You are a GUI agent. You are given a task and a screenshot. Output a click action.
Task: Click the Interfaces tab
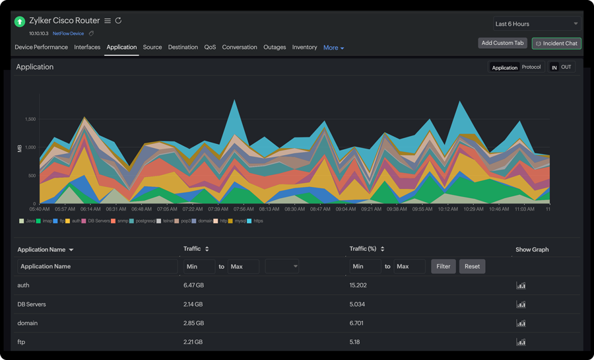click(87, 48)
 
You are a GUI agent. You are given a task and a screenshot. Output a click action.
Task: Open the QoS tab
click(210, 48)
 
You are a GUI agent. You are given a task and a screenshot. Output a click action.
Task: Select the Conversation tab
click(240, 48)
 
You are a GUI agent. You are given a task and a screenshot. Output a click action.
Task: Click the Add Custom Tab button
click(502, 43)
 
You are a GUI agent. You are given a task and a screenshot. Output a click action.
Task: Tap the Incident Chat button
click(556, 44)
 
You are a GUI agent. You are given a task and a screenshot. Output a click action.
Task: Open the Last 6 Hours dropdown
click(537, 24)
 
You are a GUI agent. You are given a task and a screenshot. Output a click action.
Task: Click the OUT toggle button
click(566, 67)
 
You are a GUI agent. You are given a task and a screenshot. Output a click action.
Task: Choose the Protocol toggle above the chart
click(531, 67)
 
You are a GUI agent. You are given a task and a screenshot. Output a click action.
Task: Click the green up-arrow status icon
click(20, 22)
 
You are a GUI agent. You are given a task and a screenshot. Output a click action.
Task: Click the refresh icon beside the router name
click(119, 20)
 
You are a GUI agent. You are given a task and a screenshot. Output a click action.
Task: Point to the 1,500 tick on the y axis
click(30, 120)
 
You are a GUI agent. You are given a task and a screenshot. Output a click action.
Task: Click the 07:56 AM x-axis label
click(244, 209)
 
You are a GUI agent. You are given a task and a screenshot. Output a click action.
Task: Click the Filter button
click(443, 266)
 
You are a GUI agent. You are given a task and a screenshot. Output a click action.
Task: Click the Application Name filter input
click(97, 266)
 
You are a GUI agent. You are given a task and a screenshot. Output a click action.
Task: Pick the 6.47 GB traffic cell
click(193, 285)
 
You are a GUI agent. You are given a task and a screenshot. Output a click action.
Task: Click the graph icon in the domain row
click(521, 324)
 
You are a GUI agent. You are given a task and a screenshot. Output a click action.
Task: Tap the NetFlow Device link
click(68, 34)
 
